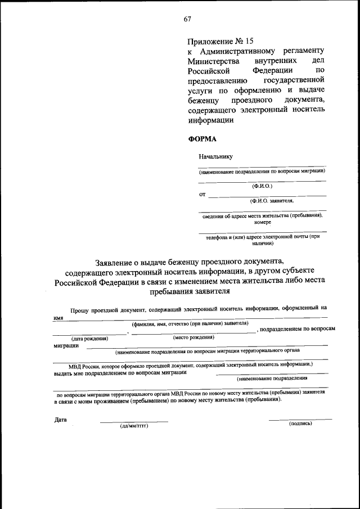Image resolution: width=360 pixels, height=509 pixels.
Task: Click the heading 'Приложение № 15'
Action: tap(221, 41)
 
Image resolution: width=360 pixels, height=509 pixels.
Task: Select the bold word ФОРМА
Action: tap(201, 138)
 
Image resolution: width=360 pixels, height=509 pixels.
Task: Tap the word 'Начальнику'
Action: tap(215, 156)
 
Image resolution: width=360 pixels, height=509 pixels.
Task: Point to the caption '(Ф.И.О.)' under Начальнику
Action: tap(262, 185)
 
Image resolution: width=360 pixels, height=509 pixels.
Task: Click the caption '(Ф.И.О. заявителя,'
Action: tap(272, 200)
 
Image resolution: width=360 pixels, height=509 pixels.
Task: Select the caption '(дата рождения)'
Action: tap(89, 339)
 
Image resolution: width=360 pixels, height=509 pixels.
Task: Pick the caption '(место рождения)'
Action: tap(194, 337)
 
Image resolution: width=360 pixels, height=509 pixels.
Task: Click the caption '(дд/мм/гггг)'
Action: tap(134, 425)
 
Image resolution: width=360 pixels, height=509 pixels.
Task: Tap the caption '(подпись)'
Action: tap(300, 424)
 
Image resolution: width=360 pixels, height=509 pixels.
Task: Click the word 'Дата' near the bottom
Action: tap(61, 420)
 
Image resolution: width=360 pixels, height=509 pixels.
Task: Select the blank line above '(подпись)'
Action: tap(300, 419)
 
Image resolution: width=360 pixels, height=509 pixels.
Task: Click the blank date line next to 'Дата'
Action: tap(134, 421)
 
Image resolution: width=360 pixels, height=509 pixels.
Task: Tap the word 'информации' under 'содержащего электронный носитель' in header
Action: tap(210, 120)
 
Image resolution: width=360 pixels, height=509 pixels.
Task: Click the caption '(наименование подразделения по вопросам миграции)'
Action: tap(262, 170)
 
